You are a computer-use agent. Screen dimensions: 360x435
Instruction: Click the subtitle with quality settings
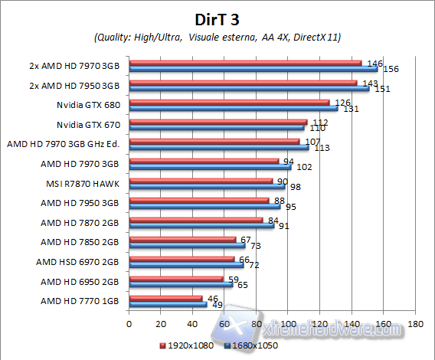tap(217, 37)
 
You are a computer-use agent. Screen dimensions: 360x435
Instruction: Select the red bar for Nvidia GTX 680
tap(228, 101)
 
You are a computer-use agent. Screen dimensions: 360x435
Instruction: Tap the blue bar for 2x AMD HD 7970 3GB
tap(253, 69)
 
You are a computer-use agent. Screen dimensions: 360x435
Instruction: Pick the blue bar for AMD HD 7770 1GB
tap(168, 304)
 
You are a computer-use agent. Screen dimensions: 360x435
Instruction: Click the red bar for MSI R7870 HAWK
tap(200, 181)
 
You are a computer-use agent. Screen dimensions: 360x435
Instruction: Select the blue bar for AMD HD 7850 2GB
tap(187, 245)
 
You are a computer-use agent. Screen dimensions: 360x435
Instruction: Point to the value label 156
tap(391, 69)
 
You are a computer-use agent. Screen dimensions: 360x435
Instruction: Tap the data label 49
tap(217, 305)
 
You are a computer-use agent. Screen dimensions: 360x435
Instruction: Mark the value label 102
tap(303, 167)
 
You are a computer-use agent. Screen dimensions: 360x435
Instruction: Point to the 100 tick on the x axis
tap(287, 323)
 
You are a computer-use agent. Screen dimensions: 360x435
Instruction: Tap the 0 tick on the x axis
tap(129, 323)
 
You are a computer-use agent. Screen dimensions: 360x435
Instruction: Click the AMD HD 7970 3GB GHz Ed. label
tap(65, 143)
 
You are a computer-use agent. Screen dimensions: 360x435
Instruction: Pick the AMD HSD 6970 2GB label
tap(77, 261)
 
